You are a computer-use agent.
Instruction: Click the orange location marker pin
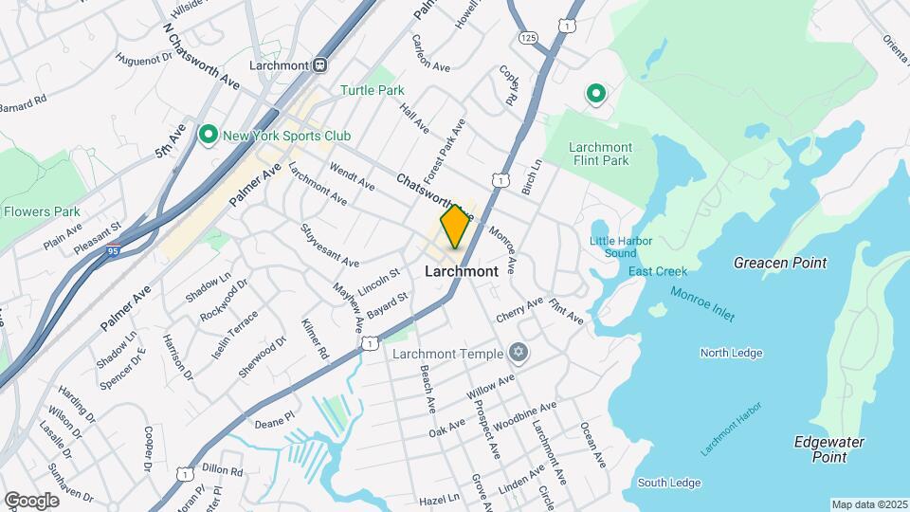click(x=455, y=226)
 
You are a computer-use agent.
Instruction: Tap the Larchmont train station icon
click(x=320, y=65)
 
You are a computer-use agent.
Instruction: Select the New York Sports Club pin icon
click(x=209, y=135)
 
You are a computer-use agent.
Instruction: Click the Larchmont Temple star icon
click(x=517, y=354)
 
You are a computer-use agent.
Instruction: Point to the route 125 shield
click(x=529, y=37)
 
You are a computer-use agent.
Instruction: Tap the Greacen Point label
click(x=780, y=263)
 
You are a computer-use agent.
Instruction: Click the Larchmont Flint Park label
click(x=600, y=154)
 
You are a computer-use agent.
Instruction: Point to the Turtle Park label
click(x=373, y=91)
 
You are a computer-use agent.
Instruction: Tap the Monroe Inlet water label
click(x=702, y=304)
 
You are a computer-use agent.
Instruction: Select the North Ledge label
click(x=731, y=353)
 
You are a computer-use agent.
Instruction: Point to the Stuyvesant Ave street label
click(x=330, y=245)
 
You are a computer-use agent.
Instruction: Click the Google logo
click(x=31, y=500)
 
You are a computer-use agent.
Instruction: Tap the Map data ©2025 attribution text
click(x=869, y=504)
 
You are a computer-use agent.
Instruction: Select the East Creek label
click(x=658, y=271)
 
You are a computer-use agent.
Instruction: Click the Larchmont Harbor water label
click(x=731, y=429)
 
